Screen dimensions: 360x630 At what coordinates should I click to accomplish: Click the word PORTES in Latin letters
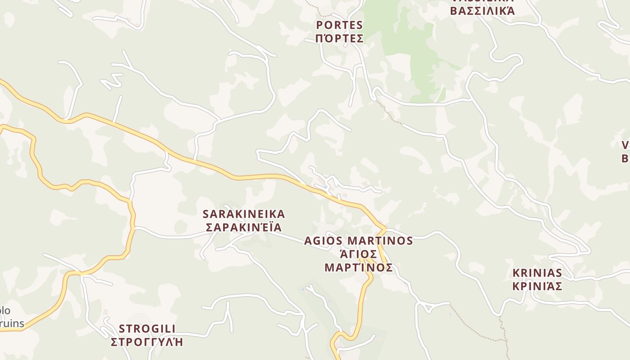[x=339, y=25]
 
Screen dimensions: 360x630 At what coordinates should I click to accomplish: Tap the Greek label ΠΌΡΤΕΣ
[x=339, y=38]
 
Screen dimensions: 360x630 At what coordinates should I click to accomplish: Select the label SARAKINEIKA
[x=244, y=214]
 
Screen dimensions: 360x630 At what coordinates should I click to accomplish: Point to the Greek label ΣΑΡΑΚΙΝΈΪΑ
[x=244, y=227]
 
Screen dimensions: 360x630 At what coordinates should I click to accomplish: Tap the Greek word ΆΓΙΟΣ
[x=359, y=254]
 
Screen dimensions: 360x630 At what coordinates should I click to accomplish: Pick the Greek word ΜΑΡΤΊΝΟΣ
[x=359, y=268]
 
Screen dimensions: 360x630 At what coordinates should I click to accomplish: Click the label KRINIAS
[x=537, y=273]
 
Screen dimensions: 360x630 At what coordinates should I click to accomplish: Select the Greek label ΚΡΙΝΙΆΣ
[x=537, y=286]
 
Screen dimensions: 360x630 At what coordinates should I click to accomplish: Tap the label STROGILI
[x=147, y=328]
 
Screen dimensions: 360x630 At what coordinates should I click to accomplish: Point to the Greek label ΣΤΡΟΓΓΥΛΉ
[x=147, y=342]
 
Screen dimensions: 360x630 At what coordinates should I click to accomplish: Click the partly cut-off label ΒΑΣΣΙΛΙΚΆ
[x=482, y=11]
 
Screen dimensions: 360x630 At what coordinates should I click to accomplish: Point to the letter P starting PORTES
[x=319, y=25]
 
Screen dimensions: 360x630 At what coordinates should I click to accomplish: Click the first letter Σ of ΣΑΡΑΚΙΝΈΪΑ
[x=209, y=227]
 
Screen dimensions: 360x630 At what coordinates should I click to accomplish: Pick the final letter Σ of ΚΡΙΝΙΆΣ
[x=558, y=286]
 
